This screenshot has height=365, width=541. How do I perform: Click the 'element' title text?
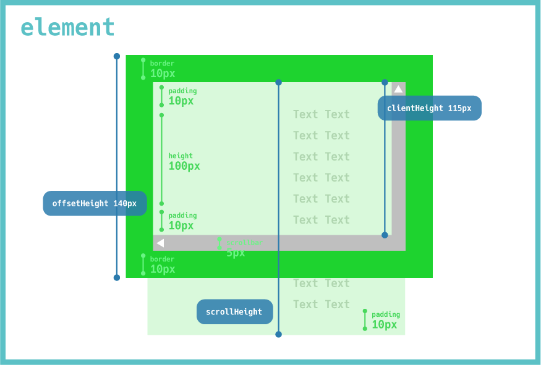tap(67, 28)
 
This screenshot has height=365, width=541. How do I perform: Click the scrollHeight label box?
tap(234, 312)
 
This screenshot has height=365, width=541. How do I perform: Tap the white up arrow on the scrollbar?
tap(398, 89)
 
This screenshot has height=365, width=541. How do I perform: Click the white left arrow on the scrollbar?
tap(160, 243)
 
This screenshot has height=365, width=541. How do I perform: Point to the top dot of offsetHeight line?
tap(117, 56)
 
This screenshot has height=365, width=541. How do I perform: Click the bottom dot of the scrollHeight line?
tap(278, 334)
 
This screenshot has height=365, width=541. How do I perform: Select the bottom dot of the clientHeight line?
tap(385, 235)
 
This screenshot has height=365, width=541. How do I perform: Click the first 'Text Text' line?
tap(322, 114)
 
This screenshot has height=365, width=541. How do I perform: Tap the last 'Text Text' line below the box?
tap(322, 304)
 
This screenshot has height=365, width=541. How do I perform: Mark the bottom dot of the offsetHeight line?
tap(117, 277)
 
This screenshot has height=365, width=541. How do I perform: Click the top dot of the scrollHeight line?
tap(278, 82)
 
